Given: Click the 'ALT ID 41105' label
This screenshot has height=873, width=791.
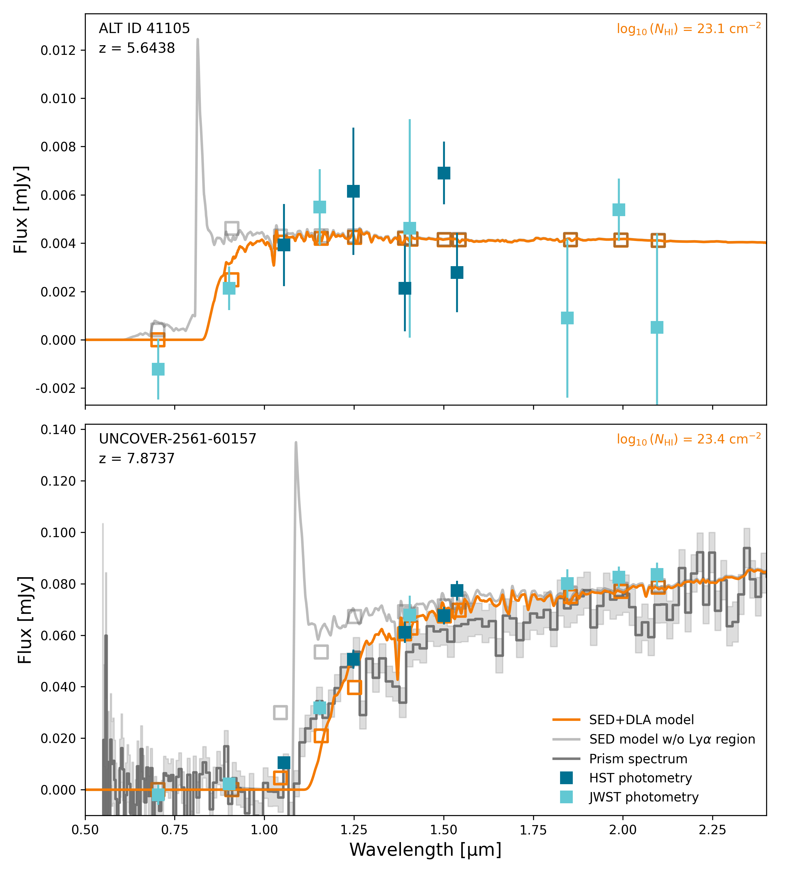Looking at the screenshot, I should (144, 28).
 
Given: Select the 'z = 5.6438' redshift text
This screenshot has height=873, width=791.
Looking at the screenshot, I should (137, 48).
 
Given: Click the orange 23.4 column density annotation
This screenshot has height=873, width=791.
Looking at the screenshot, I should (688, 440).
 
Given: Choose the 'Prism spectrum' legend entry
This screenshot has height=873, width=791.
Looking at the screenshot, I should (638, 759).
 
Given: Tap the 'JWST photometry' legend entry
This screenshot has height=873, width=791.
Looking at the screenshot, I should (643, 797).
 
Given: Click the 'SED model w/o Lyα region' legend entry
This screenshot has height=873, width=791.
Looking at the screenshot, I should (672, 739).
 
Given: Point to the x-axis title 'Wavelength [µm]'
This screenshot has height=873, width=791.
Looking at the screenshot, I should (425, 850).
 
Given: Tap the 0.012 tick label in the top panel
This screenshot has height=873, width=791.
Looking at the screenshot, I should (58, 51).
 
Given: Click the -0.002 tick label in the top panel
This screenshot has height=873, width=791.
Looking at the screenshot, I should (55, 388).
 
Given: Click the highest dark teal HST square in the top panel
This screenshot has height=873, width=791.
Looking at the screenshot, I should (444, 173).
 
